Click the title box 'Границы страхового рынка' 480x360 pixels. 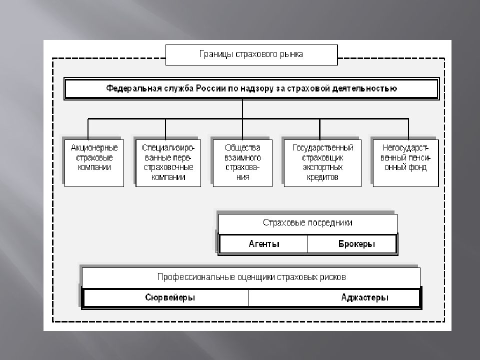pos(251,55)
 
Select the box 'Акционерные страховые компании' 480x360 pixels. pos(94,163)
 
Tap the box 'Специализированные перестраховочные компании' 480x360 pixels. pos(168,163)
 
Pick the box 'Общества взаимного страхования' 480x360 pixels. pos(242,163)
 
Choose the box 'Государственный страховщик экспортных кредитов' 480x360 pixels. pos(322,163)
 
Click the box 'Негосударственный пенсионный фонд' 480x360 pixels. pos(405,163)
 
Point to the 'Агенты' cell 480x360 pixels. pos(264,244)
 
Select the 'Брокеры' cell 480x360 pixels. pos(351,244)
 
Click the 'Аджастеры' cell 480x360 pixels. pos(334,297)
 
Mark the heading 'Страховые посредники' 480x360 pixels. pos(307,223)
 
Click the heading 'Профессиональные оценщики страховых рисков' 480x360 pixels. pos(251,277)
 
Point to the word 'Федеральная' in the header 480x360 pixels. pos(134,89)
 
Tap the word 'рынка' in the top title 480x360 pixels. pos(291,55)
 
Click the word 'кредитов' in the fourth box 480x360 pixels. pos(322,177)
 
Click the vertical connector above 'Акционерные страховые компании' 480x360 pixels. pos(88,129)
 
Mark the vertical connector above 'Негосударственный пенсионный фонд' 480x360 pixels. pos(408,129)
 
